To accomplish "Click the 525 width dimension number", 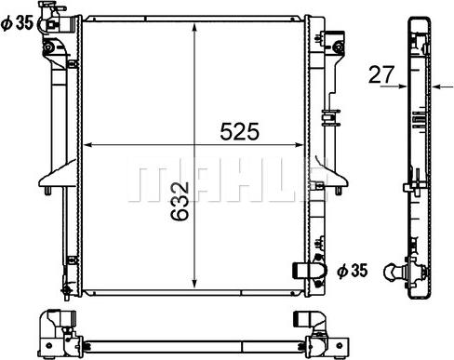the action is pyautogui.click(x=239, y=131).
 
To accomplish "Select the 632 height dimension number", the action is pyautogui.click(x=180, y=201).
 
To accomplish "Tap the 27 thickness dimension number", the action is pyautogui.click(x=381, y=74).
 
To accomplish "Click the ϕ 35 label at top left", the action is pyautogui.click(x=17, y=23).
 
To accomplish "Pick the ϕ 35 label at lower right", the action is pyautogui.click(x=353, y=271).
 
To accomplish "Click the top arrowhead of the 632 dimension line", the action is pyautogui.click(x=194, y=28).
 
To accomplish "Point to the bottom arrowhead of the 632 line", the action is pyautogui.click(x=194, y=283).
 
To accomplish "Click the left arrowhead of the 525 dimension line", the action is pyautogui.click(x=88, y=144).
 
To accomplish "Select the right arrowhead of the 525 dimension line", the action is pyautogui.click(x=299, y=144).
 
